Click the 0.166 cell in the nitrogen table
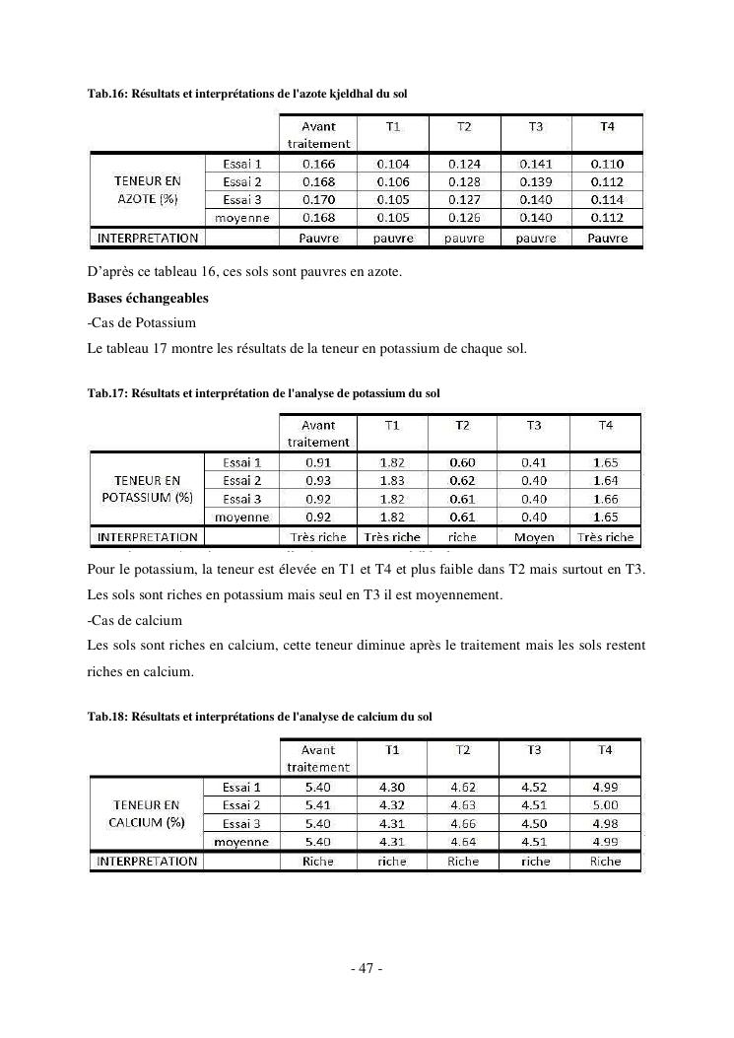(318, 165)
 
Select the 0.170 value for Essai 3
(318, 200)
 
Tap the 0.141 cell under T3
(536, 165)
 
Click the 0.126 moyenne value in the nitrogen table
(463, 218)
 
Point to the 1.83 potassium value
(391, 480)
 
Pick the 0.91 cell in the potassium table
(317, 462)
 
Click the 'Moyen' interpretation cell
(534, 537)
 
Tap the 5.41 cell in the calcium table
(318, 805)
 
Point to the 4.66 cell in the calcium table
(463, 823)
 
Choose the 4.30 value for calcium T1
(391, 788)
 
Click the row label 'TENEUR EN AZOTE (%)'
(147, 190)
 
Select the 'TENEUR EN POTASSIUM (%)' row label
(147, 489)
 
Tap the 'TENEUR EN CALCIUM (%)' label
(147, 813)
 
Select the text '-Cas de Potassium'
(141, 322)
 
